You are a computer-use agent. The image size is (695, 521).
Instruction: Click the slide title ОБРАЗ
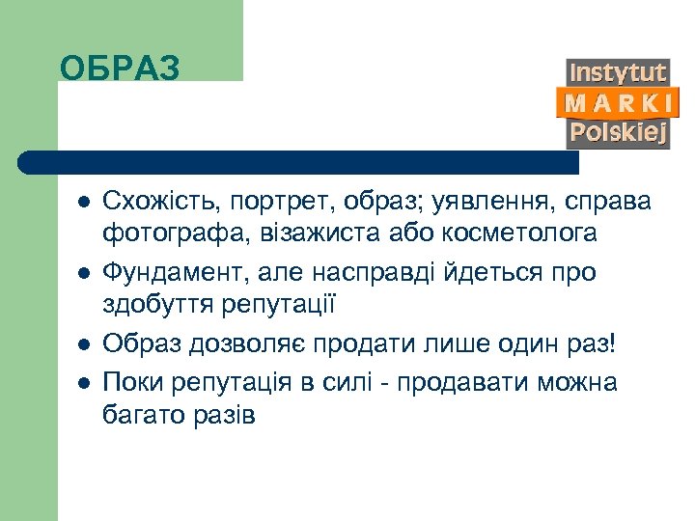(x=120, y=69)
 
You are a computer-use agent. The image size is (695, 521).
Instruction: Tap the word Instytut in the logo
(x=618, y=73)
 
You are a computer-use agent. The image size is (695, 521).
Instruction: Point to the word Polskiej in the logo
(x=618, y=132)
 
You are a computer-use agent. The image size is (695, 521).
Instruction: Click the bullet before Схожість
(x=84, y=203)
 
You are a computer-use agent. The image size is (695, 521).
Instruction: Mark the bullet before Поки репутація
(x=84, y=382)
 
